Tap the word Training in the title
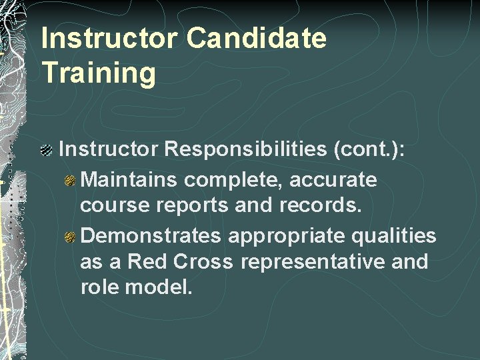tap(99, 73)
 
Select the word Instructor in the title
tap(110, 39)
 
